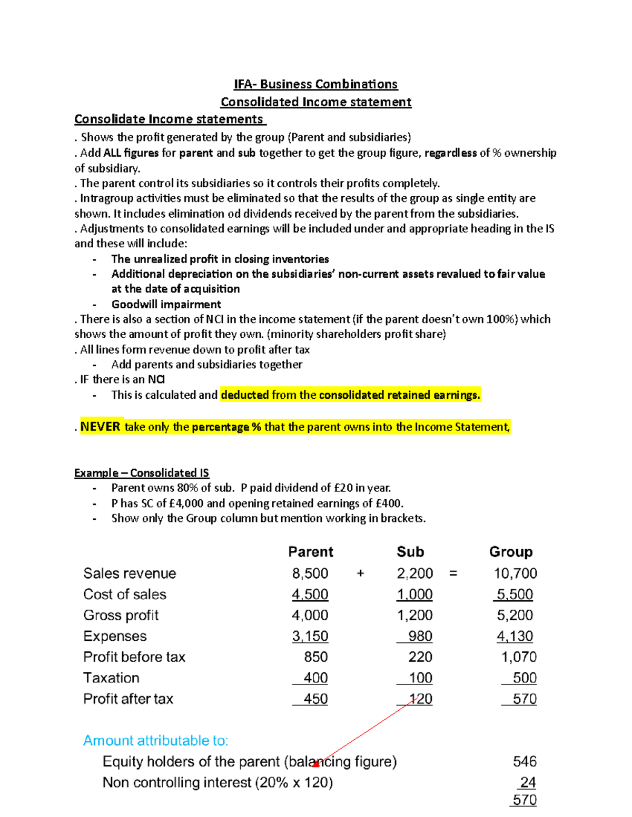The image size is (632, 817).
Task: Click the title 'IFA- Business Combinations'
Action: click(x=315, y=84)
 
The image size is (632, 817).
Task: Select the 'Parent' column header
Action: click(x=311, y=552)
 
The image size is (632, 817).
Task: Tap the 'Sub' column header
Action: click(x=410, y=552)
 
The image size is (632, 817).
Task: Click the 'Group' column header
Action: click(x=511, y=552)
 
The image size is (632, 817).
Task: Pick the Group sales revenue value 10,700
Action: click(x=515, y=573)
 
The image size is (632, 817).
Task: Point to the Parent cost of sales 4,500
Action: click(x=310, y=594)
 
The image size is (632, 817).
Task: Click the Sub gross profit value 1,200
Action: click(x=414, y=615)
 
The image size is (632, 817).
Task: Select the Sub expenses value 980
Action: click(x=420, y=636)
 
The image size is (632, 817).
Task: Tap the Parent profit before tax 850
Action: click(x=315, y=657)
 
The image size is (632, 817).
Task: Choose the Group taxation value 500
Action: click(x=525, y=678)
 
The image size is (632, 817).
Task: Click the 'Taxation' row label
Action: click(x=111, y=678)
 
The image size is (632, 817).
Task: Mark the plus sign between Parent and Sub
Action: click(x=360, y=573)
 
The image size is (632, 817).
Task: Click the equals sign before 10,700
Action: click(x=453, y=573)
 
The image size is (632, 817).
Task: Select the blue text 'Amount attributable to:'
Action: click(x=156, y=741)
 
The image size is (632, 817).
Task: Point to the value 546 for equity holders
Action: click(x=525, y=762)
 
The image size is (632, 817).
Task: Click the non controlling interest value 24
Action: click(x=528, y=783)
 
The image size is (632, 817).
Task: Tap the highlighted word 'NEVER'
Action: click(x=100, y=427)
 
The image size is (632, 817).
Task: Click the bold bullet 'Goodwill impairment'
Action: click(x=166, y=305)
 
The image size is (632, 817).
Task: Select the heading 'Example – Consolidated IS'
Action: click(x=142, y=473)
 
